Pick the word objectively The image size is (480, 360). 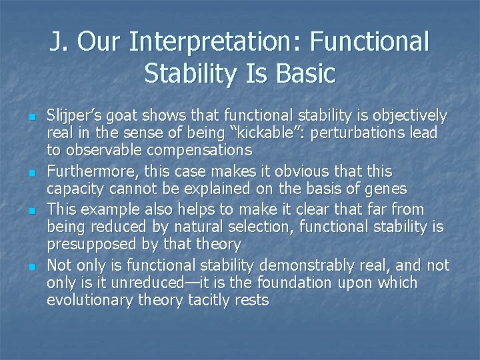[x=408, y=116]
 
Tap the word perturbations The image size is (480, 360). [x=353, y=133]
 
